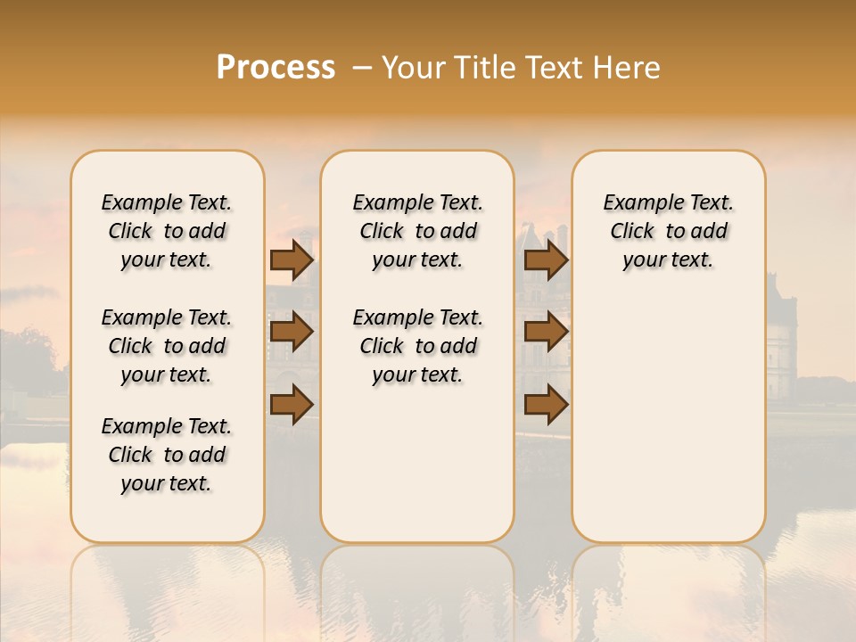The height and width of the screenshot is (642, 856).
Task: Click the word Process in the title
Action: click(276, 68)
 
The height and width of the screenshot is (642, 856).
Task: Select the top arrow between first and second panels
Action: click(292, 260)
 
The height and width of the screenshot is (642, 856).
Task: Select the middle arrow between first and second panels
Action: click(292, 332)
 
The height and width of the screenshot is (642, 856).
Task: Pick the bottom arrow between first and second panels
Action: click(292, 405)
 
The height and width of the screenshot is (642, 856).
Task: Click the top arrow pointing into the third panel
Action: click(546, 260)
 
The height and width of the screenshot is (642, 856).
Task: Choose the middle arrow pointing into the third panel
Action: click(546, 332)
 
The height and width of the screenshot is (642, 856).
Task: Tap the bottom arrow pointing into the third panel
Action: click(546, 405)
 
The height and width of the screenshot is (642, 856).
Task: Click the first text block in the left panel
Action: click(167, 231)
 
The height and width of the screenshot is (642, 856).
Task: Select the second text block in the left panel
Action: click(167, 346)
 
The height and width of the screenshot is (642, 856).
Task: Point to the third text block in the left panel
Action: click(167, 455)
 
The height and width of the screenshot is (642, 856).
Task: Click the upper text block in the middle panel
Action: click(417, 231)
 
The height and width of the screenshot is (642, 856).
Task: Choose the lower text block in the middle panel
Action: click(417, 346)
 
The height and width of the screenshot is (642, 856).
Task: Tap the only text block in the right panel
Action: click(668, 231)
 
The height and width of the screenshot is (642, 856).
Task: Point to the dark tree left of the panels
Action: click(31, 357)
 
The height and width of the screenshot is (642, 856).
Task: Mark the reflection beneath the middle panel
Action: click(417, 588)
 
